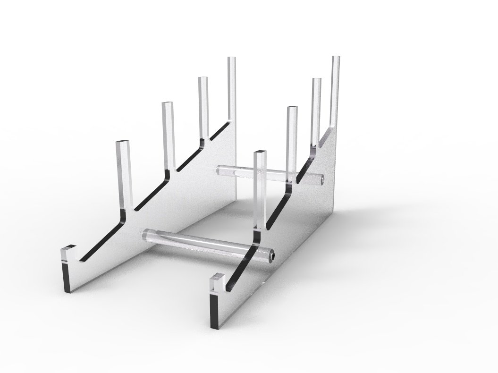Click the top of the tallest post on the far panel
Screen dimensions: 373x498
(232, 59)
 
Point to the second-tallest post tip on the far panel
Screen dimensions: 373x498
(203, 78)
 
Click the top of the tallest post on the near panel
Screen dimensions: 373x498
(336, 58)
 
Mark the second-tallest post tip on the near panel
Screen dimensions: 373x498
(316, 80)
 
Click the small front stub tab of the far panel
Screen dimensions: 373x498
(68, 248)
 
